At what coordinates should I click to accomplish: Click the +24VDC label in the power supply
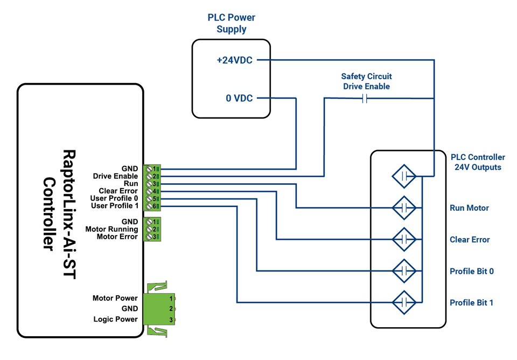[234, 61]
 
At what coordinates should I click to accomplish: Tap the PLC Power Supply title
[232, 23]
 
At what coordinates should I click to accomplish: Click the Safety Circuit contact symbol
[365, 99]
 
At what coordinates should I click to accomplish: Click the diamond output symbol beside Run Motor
[404, 207]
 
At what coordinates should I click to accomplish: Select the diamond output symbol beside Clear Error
[404, 239]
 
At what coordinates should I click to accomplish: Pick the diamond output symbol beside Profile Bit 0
[404, 271]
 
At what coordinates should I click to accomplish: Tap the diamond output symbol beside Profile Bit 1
[404, 302]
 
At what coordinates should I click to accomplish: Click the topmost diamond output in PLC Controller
[404, 176]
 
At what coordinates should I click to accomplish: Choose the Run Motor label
[469, 208]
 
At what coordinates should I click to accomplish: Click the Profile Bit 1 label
[471, 303]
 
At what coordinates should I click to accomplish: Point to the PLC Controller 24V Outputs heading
[478, 162]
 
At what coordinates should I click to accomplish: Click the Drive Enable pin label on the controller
[115, 176]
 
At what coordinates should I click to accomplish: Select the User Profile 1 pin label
[114, 206]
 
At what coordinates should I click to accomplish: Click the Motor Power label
[115, 298]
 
